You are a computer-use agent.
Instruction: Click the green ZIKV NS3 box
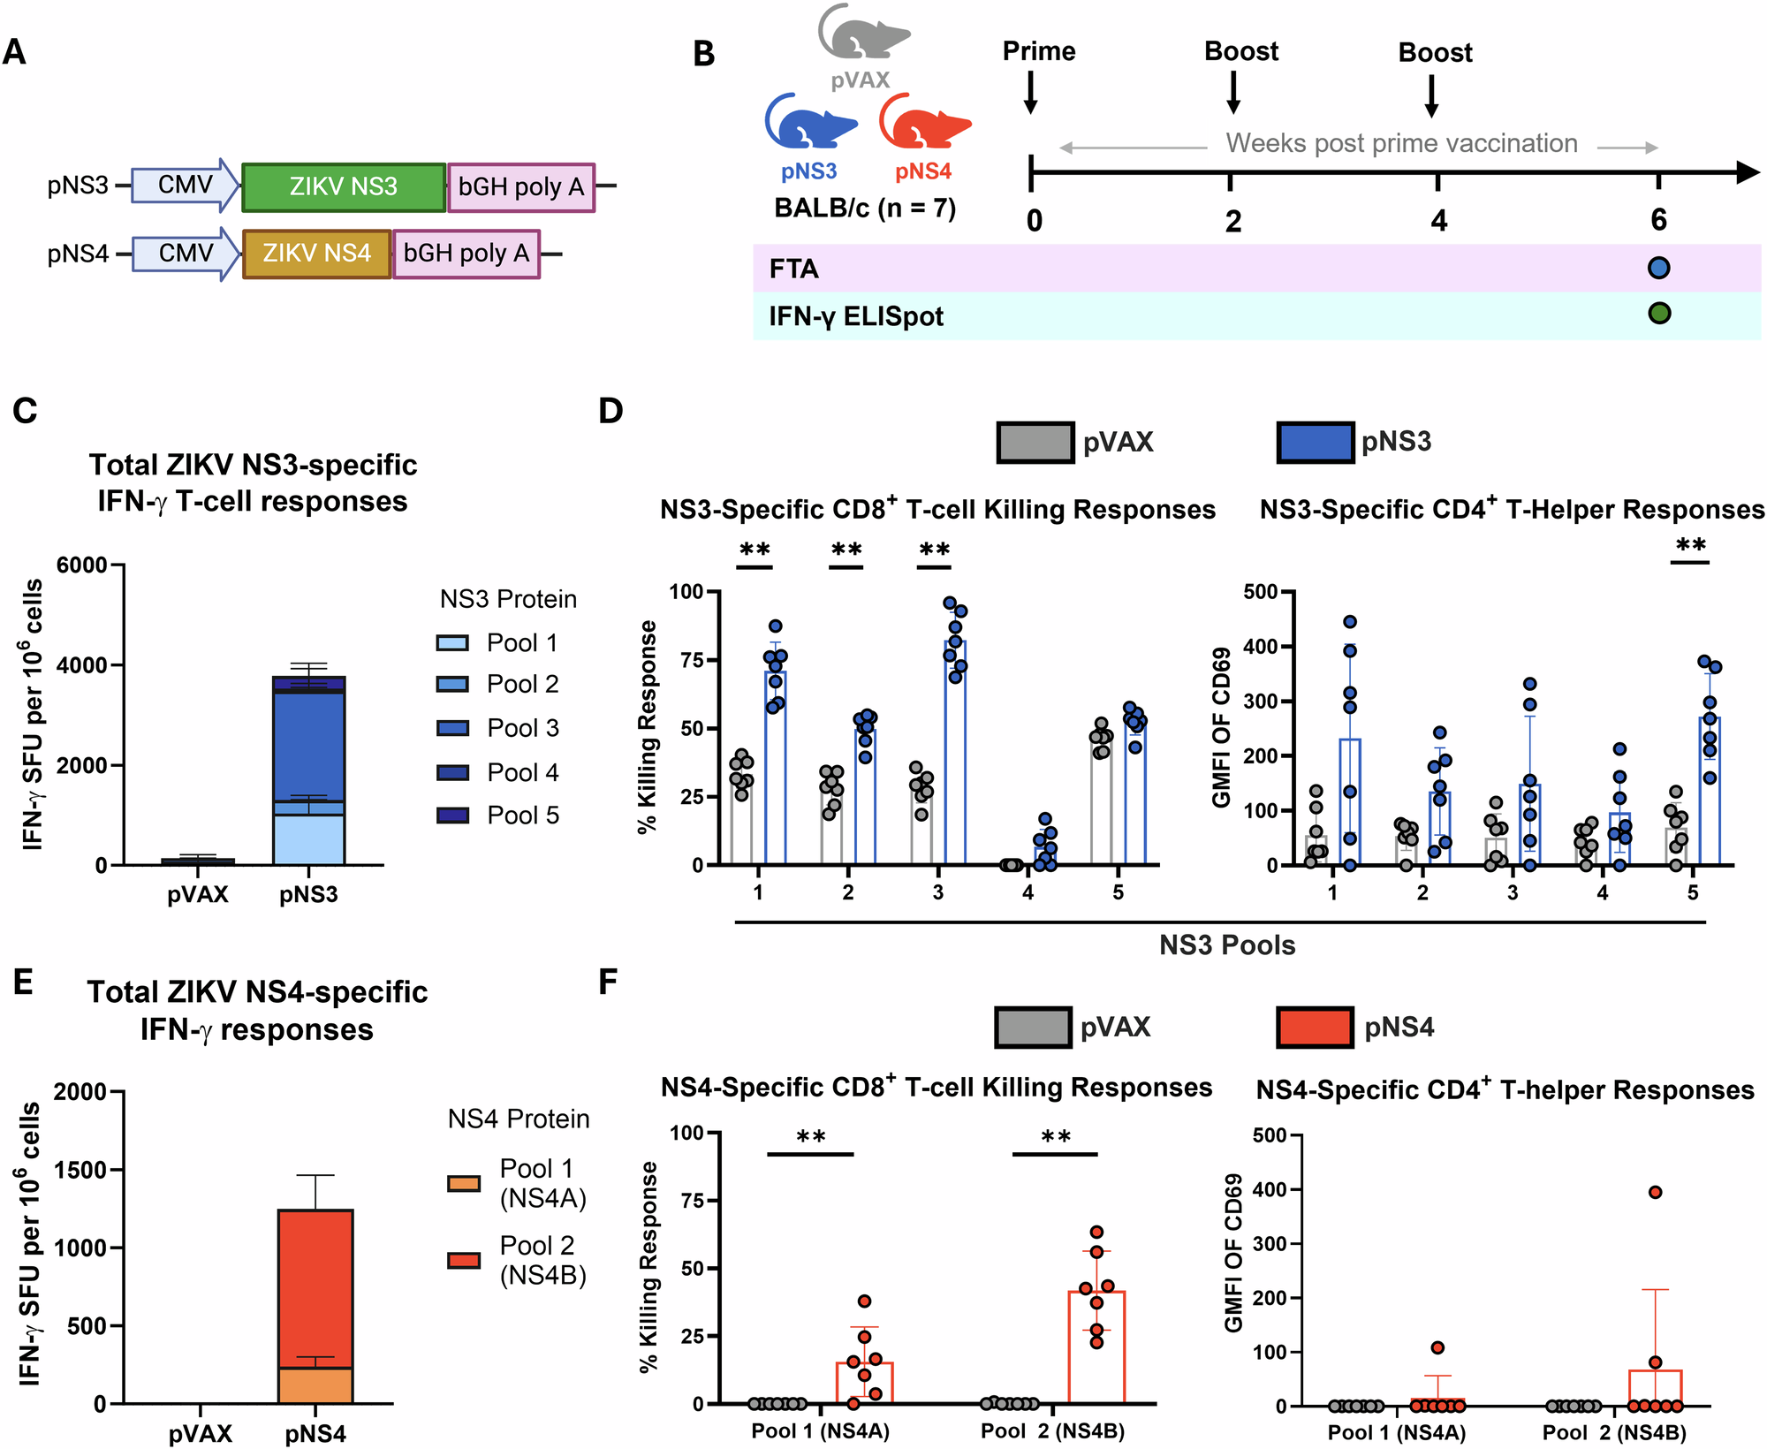(x=343, y=186)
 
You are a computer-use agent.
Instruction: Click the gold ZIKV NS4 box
(x=316, y=254)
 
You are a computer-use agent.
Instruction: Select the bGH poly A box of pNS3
(x=520, y=186)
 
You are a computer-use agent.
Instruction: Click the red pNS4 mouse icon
(x=924, y=123)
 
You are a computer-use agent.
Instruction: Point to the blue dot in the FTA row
(x=1658, y=268)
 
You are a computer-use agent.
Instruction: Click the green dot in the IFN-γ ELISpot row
(x=1658, y=313)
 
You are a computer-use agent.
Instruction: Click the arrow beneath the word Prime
(x=1030, y=92)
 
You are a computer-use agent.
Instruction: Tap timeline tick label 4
(x=1439, y=221)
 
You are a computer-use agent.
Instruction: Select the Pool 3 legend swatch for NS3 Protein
(x=452, y=728)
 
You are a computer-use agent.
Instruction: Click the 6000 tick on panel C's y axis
(x=81, y=565)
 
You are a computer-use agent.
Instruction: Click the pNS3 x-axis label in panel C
(x=308, y=894)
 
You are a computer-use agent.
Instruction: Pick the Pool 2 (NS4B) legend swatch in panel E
(x=464, y=1260)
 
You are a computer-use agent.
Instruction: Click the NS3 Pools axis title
(x=1226, y=945)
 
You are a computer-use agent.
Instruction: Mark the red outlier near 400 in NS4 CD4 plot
(x=1655, y=1192)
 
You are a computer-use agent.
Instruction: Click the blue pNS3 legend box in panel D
(x=1315, y=442)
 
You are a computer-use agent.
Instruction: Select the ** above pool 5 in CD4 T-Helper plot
(x=1690, y=544)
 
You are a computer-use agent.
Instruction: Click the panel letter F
(x=608, y=982)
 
